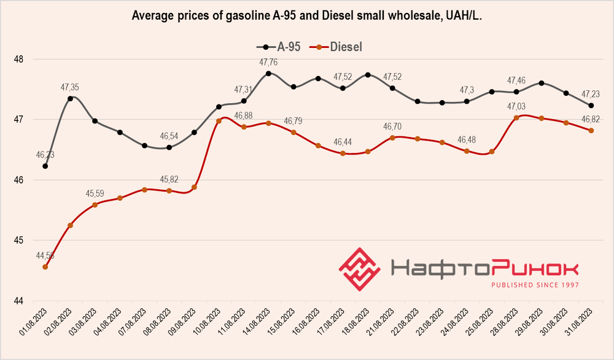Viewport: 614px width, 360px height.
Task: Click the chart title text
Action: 307,17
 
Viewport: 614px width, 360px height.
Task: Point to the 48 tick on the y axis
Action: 18,60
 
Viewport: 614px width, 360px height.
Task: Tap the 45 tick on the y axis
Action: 18,240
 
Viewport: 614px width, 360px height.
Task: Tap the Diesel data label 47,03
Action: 516,107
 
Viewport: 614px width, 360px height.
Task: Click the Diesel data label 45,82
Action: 169,180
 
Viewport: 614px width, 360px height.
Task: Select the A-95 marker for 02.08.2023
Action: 71,98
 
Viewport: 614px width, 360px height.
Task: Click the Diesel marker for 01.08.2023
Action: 45,267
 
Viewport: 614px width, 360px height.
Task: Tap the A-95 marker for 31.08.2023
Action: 591,106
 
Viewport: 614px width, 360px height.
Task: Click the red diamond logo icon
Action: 360,269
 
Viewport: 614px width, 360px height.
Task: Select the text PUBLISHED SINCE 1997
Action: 534,285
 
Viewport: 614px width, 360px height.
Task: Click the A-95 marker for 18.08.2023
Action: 368,75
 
